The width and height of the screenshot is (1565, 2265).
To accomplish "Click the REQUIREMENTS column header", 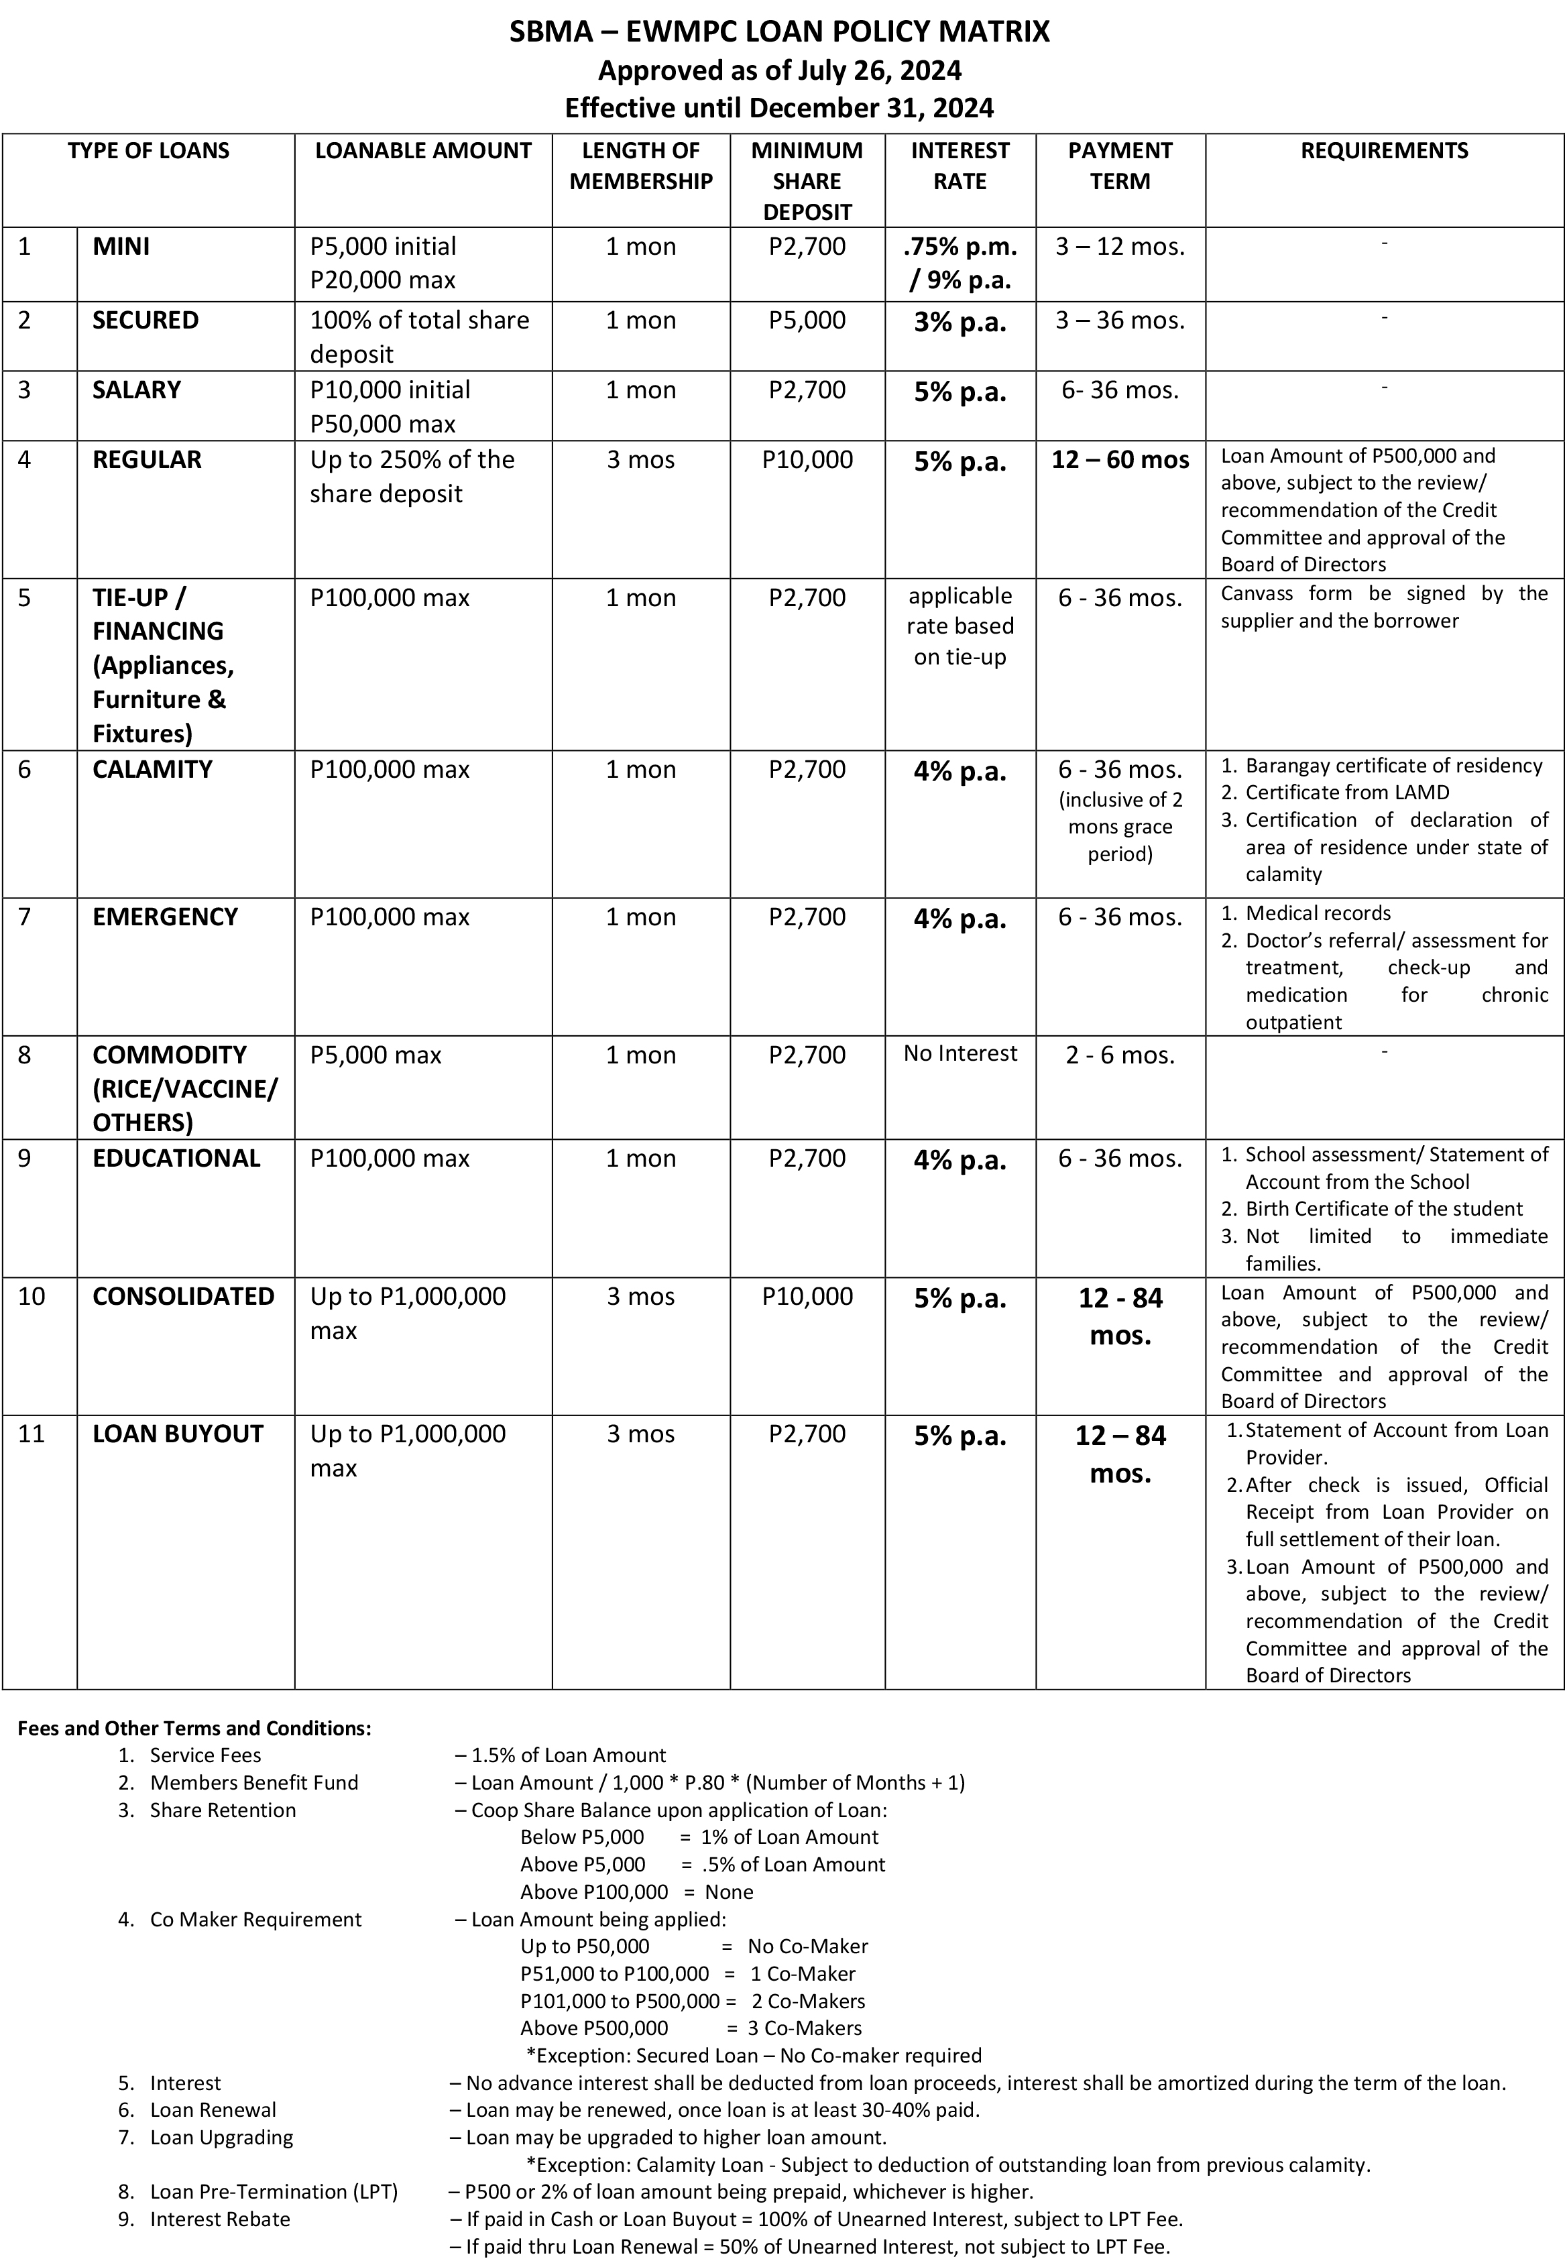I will (x=1383, y=151).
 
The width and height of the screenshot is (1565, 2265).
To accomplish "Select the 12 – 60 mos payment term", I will (x=1120, y=460).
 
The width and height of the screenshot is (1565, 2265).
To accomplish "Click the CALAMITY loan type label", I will (x=152, y=770).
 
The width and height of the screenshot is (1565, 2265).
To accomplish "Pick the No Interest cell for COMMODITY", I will (x=960, y=1053).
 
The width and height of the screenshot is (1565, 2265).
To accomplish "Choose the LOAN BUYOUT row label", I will (x=178, y=1434).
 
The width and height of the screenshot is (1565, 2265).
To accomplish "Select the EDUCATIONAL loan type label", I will (x=176, y=1158).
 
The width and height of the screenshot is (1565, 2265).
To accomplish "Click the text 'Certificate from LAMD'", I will (x=1346, y=793).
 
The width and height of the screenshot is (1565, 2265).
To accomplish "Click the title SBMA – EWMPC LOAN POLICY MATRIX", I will (x=780, y=32).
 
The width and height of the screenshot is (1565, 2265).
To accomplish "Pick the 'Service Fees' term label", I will (x=205, y=1755).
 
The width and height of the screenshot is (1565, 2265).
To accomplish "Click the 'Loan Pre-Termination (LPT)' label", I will (x=274, y=2191).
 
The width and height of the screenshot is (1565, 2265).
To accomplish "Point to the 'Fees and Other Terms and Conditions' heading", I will (x=194, y=1728).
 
